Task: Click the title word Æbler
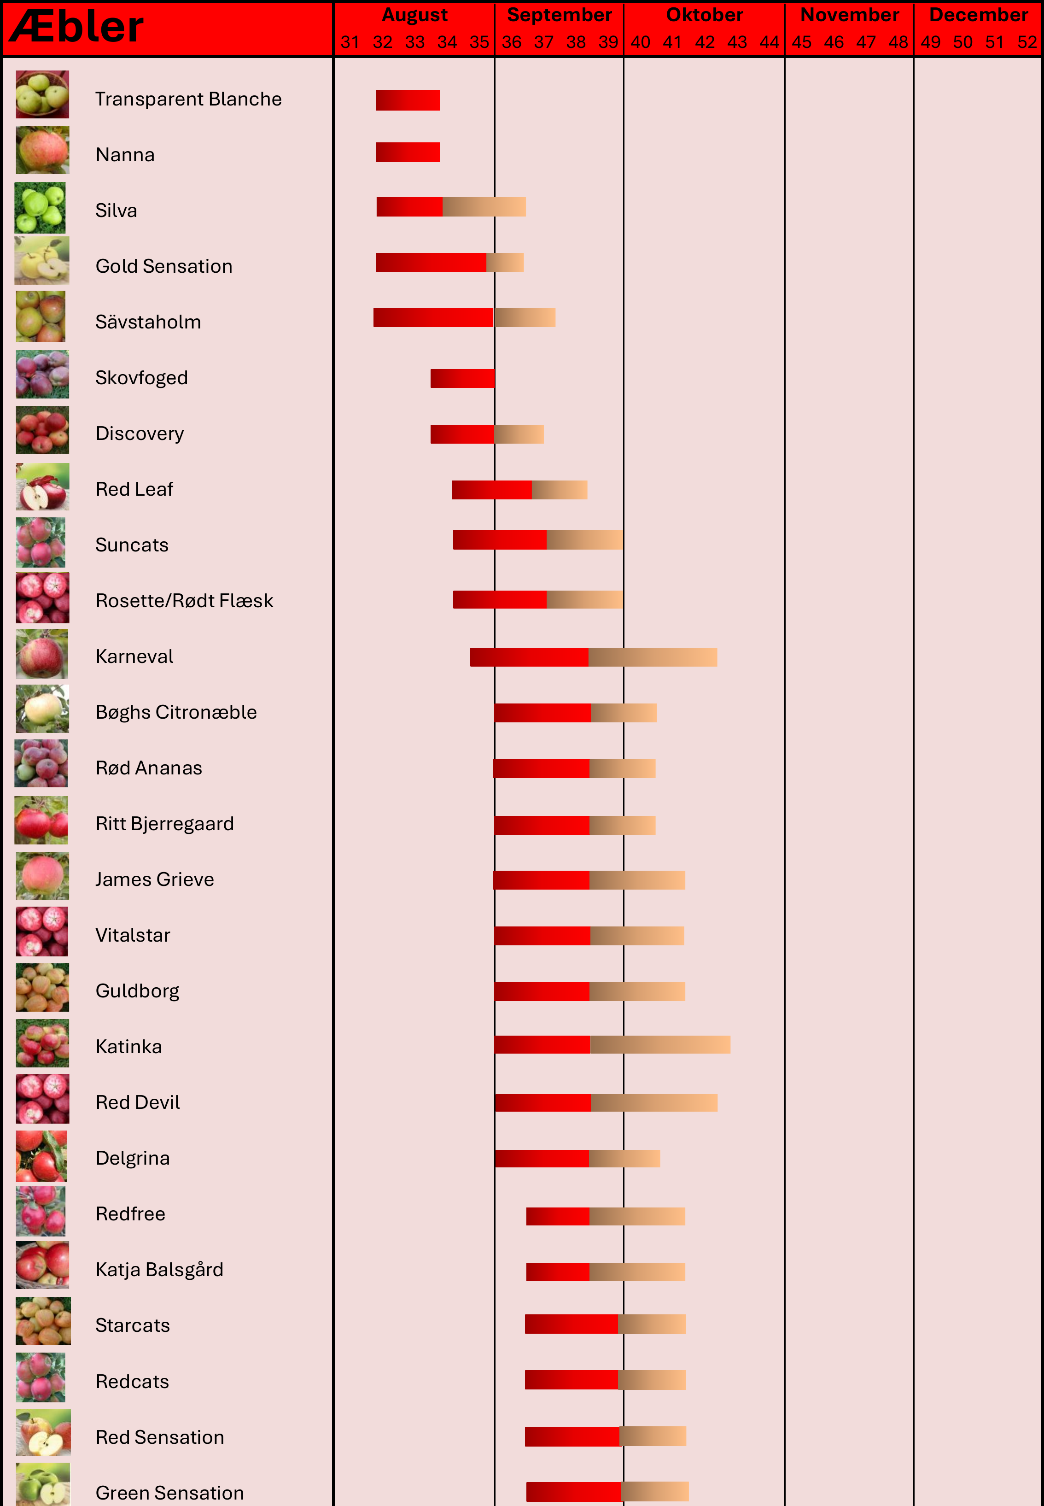pos(76,28)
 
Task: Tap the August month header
pos(415,14)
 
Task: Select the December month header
pos(978,14)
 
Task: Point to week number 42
pos(705,42)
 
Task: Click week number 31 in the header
pos(350,42)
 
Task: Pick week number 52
pos(1027,42)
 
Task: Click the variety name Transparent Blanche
pos(188,99)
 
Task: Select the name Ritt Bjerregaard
pos(165,824)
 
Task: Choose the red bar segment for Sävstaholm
pos(433,317)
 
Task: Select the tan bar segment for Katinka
pos(660,1045)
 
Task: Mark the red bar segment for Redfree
pos(557,1216)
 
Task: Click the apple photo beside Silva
pos(41,208)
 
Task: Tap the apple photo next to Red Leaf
pos(42,487)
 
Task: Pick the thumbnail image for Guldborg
pos(42,988)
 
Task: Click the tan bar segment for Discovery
pos(519,434)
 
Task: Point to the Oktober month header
pos(705,14)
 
